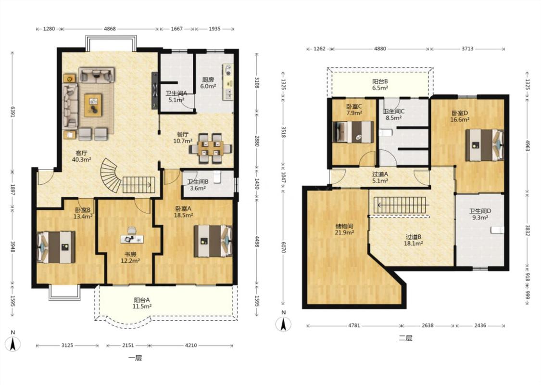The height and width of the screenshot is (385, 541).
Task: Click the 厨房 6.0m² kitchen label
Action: pyautogui.click(x=208, y=83)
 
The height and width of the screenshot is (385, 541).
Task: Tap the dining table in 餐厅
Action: pyautogui.click(x=211, y=148)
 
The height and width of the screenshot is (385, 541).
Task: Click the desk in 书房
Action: pyautogui.click(x=132, y=239)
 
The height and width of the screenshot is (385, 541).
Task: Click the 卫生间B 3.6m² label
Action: pyautogui.click(x=198, y=185)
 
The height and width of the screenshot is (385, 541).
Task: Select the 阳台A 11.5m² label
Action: pyautogui.click(x=142, y=303)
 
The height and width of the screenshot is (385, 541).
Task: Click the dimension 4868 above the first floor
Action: pyautogui.click(x=110, y=29)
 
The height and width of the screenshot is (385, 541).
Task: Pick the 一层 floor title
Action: pyautogui.click(x=135, y=358)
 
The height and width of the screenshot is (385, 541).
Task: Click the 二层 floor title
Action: pyautogui.click(x=405, y=338)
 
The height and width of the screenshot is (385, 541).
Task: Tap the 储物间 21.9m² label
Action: pyautogui.click(x=344, y=230)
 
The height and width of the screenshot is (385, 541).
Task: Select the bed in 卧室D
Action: pyautogui.click(x=484, y=145)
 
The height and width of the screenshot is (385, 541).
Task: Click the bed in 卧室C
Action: pyautogui.click(x=353, y=132)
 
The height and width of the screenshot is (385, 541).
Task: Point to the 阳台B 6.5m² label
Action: pyautogui.click(x=380, y=85)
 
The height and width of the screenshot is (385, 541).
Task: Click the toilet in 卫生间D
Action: pyautogui.click(x=498, y=230)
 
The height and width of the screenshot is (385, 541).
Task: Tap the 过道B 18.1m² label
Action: pyautogui.click(x=414, y=240)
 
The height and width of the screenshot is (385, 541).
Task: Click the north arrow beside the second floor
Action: pyautogui.click(x=283, y=323)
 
